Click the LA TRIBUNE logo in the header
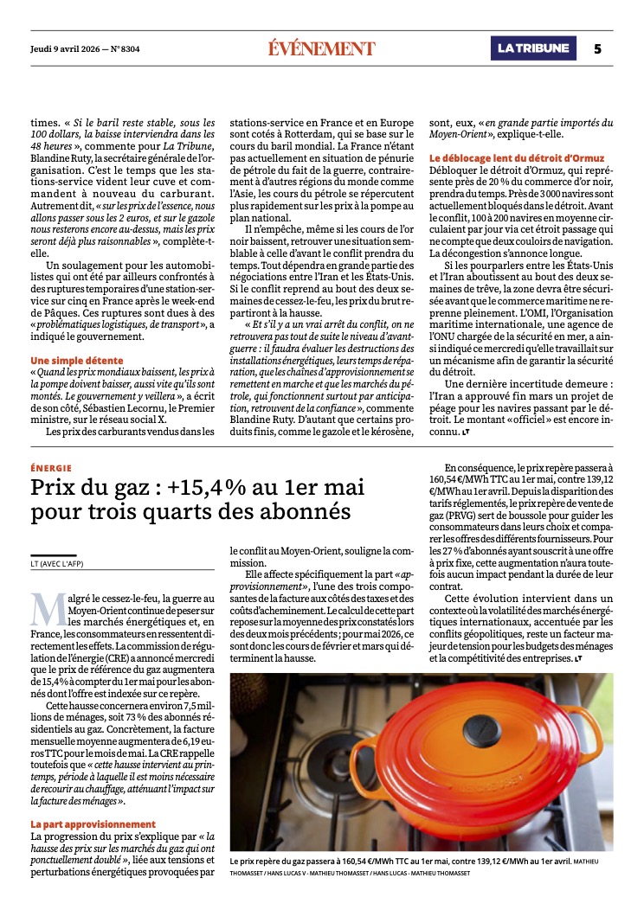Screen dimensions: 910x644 pyautogui.click(x=532, y=48)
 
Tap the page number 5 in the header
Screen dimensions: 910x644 pyautogui.click(x=597, y=48)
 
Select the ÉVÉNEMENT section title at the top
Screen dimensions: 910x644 pyautogui.click(x=321, y=48)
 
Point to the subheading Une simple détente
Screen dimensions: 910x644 pyautogui.click(x=77, y=360)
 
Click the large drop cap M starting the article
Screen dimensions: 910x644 pyautogui.click(x=47, y=611)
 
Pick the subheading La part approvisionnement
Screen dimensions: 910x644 pyautogui.click(x=93, y=824)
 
